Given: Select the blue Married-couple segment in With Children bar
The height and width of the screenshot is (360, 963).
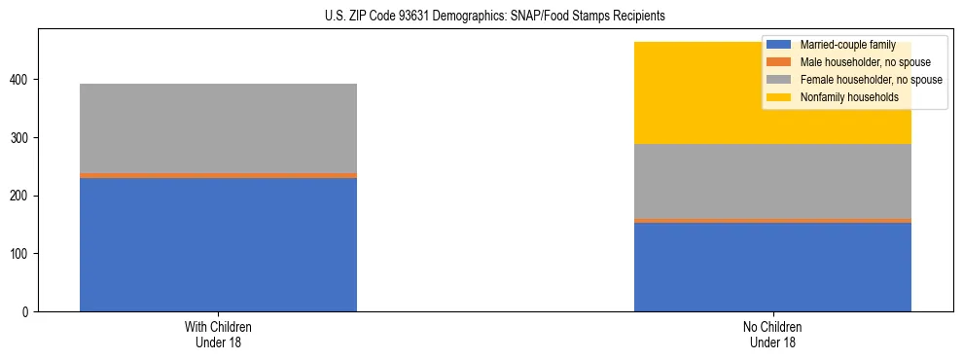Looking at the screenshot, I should [218, 244].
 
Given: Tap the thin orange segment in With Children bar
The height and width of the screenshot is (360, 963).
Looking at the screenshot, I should [218, 175].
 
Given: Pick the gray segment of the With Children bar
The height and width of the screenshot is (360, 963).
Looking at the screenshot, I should [218, 127].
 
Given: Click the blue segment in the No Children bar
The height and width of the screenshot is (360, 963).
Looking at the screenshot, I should [772, 267].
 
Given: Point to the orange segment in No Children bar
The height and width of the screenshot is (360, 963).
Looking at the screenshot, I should [772, 220].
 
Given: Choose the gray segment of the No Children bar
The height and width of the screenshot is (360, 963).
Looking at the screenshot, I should [772, 181].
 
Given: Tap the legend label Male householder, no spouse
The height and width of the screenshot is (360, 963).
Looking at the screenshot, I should [865, 62].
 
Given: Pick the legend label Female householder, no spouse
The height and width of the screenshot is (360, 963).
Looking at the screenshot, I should [871, 80].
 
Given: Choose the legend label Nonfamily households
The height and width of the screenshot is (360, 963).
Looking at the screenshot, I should [849, 97].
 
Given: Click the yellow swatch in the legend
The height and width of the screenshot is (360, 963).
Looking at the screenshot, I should [779, 97].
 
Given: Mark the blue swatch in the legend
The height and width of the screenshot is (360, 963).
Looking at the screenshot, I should [779, 46].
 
